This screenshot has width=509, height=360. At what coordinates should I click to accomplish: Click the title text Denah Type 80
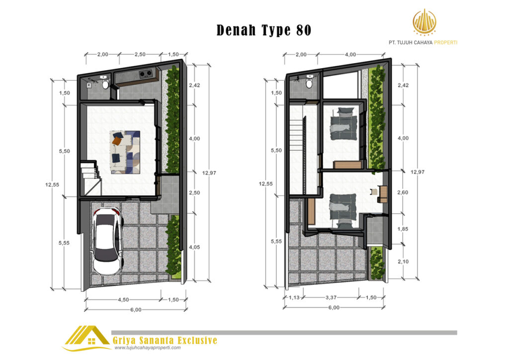[x=263, y=30]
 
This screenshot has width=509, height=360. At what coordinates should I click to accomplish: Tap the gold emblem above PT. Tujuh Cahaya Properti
[x=424, y=22]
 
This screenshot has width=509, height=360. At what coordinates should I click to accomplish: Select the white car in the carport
[x=108, y=241]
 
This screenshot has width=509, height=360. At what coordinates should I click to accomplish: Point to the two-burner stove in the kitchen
[x=146, y=75]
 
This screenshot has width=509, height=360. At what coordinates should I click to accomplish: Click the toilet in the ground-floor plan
[x=105, y=85]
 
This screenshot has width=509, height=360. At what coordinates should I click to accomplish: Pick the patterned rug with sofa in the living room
[x=125, y=152]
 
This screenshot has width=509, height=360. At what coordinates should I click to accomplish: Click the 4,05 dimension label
[x=194, y=247]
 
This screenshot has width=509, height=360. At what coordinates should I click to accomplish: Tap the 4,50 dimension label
[x=123, y=300]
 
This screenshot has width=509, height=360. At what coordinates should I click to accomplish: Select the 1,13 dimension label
[x=294, y=297]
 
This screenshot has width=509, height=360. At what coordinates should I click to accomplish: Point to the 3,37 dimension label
[x=331, y=297]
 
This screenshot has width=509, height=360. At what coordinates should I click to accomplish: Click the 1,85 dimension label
[x=403, y=229]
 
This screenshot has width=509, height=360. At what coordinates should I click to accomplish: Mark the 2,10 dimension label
[x=403, y=262]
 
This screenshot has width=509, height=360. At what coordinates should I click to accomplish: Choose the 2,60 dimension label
[x=403, y=192]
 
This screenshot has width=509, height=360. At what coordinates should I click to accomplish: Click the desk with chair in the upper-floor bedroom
[x=380, y=194]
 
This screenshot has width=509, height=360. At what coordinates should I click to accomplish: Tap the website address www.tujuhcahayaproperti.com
[x=147, y=348]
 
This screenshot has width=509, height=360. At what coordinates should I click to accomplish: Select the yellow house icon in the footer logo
[x=87, y=337]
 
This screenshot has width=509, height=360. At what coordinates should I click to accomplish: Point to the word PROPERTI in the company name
[x=445, y=42]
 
